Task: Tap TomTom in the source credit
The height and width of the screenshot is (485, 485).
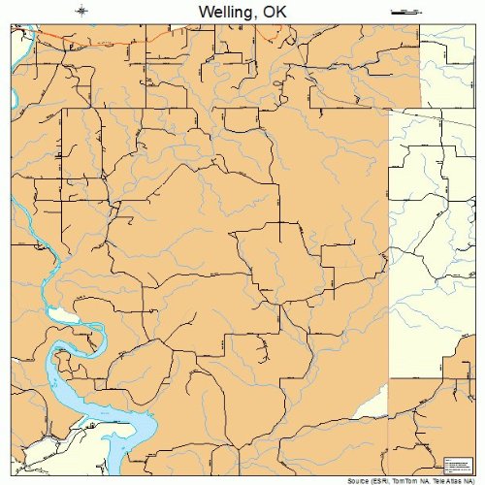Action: click(x=408, y=479)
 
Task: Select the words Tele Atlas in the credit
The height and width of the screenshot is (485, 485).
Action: click(x=449, y=479)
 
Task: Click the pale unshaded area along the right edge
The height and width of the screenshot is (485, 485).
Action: click(x=436, y=242)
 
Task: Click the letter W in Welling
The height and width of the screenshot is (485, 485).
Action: click(x=204, y=12)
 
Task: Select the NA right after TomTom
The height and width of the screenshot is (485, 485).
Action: click(x=428, y=479)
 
